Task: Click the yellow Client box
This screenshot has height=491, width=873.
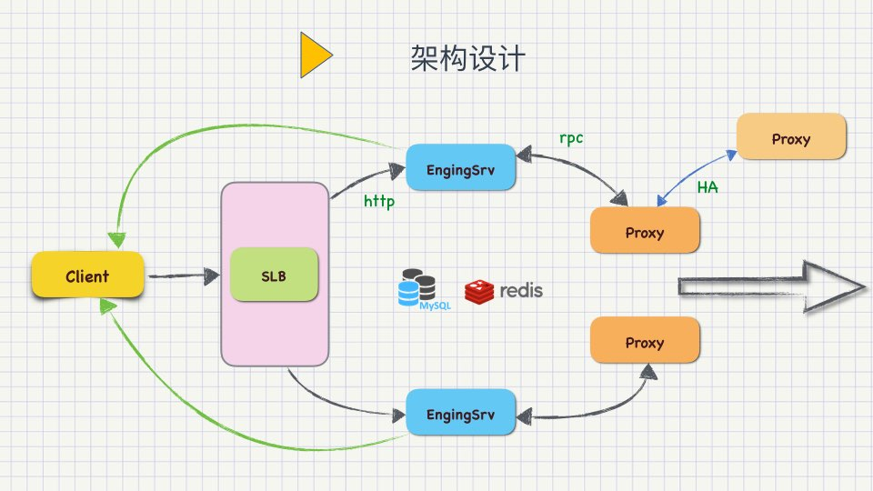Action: point(88,275)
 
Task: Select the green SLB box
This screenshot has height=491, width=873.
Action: point(274,275)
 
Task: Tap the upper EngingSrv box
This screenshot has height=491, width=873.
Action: point(460,167)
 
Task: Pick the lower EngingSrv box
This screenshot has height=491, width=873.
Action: point(460,412)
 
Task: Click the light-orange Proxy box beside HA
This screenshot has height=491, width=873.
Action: point(791,136)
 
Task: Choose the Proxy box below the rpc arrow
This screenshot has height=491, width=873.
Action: point(645,230)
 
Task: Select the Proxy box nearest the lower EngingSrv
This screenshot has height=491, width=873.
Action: point(645,340)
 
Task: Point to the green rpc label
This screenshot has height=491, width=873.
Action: point(571,138)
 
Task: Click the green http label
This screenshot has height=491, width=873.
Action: point(379,201)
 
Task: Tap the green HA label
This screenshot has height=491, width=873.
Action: point(707,187)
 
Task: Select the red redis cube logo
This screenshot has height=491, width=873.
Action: point(479,292)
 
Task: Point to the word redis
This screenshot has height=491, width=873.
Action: point(521,290)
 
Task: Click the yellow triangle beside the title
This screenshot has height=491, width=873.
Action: point(316,55)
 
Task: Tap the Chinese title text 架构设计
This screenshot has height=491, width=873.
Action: point(467,58)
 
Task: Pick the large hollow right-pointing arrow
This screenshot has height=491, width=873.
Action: point(772,286)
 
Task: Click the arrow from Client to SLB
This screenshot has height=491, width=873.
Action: point(183,276)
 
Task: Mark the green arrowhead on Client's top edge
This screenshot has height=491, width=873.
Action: point(117,240)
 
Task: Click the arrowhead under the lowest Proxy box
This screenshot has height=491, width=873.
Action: point(648,372)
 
